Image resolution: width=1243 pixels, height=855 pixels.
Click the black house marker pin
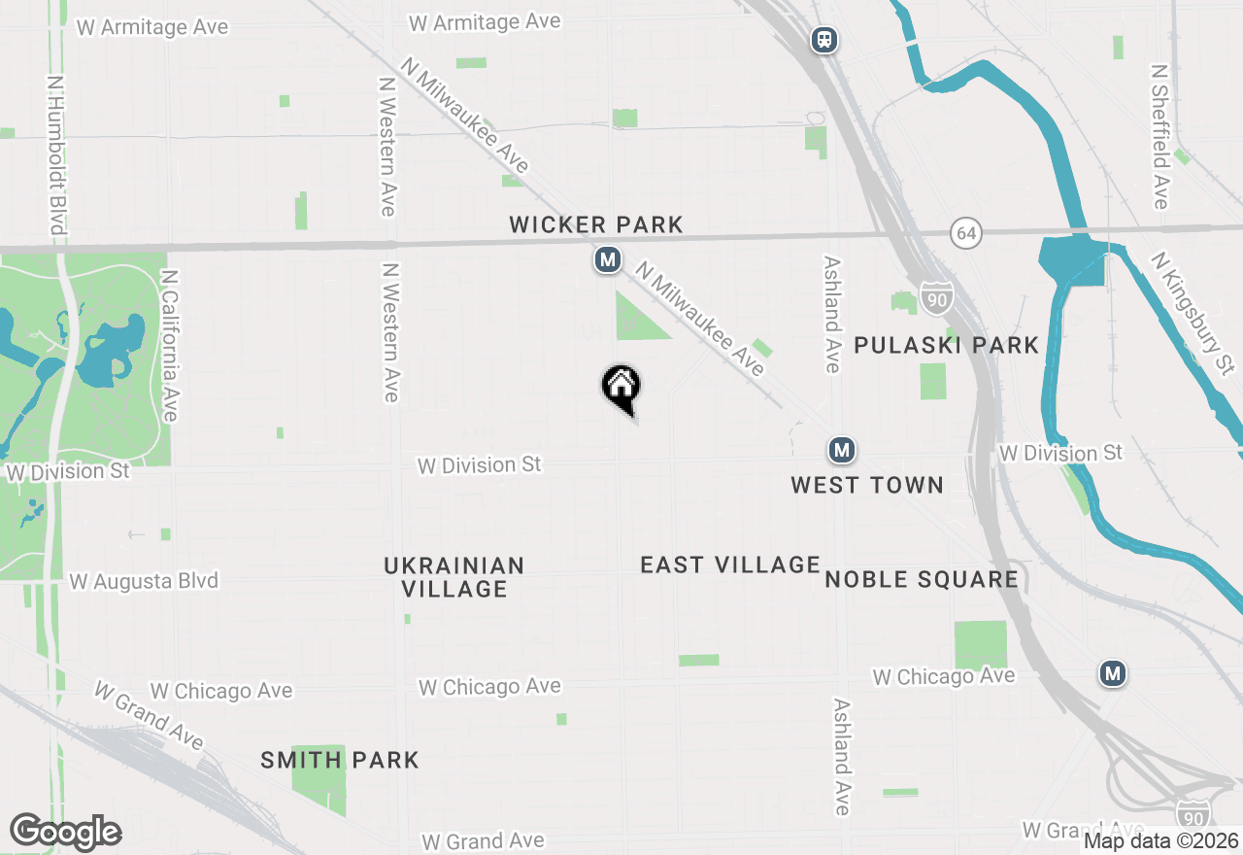click(621, 387)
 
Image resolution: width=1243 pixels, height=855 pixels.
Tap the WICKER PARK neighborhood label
click(596, 225)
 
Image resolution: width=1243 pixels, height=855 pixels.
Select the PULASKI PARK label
click(947, 345)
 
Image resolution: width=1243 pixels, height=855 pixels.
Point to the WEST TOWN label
click(867, 485)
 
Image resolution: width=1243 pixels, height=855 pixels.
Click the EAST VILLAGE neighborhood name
click(730, 564)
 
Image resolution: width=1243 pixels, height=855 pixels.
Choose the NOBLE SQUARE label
click(922, 580)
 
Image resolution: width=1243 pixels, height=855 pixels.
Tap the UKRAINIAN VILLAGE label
click(454, 577)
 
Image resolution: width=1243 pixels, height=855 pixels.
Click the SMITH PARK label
click(340, 760)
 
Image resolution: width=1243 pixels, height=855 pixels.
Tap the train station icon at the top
click(824, 40)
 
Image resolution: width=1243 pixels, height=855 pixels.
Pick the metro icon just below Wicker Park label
click(608, 260)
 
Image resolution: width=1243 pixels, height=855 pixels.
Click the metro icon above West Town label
click(841, 450)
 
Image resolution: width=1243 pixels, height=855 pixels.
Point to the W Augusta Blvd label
click(144, 581)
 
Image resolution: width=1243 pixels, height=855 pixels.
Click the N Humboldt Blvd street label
click(57, 155)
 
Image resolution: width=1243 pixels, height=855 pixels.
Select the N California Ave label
click(171, 346)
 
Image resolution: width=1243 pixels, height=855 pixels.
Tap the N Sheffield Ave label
click(1159, 137)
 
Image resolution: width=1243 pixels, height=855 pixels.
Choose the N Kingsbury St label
click(1193, 313)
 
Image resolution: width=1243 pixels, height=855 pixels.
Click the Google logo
click(65, 832)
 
